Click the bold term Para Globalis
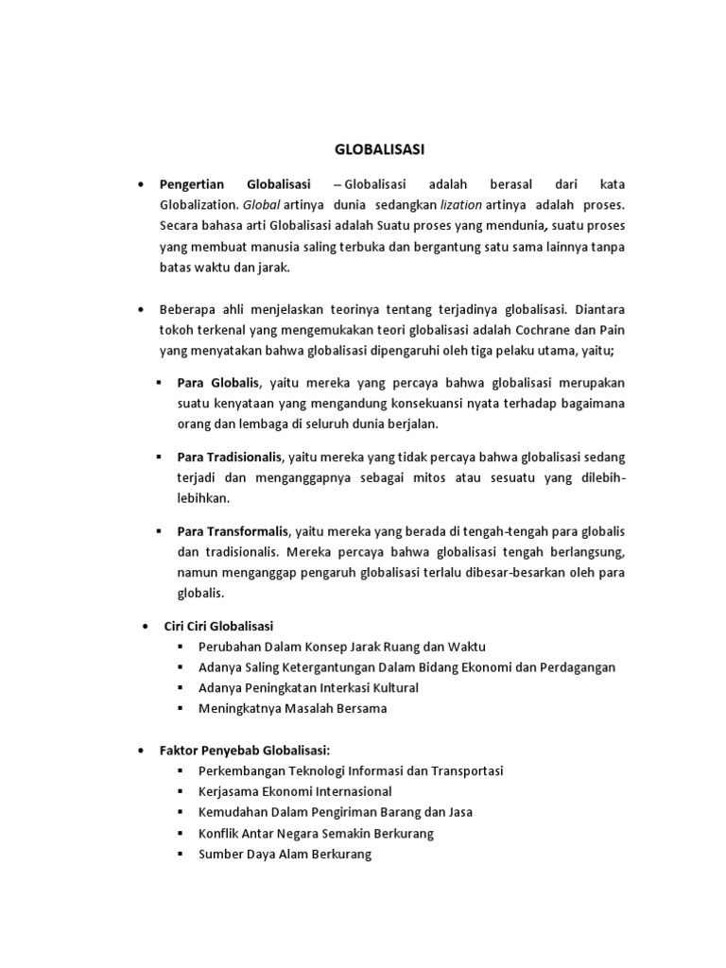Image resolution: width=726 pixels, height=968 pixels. point(216,383)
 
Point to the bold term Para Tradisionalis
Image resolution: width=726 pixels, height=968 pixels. point(230,456)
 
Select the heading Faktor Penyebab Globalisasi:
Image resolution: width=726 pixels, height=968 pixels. point(244,750)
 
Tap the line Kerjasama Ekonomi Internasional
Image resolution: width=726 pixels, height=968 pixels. point(295,791)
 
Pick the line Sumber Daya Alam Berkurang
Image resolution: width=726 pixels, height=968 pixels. point(285,854)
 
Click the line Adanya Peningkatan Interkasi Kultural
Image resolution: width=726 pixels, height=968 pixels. point(308,687)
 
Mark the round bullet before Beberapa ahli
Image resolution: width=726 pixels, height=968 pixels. point(140,309)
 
